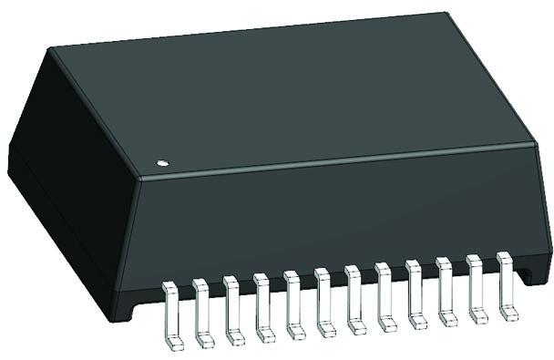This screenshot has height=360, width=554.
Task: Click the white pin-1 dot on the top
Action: point(162,163)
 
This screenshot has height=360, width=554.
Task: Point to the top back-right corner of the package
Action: point(446,14)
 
